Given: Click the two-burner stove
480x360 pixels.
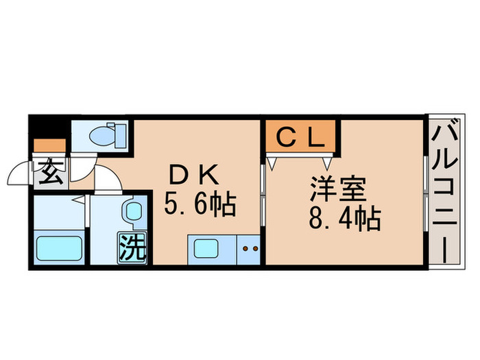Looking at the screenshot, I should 249,248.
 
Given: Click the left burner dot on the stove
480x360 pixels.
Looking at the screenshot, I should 245,248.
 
